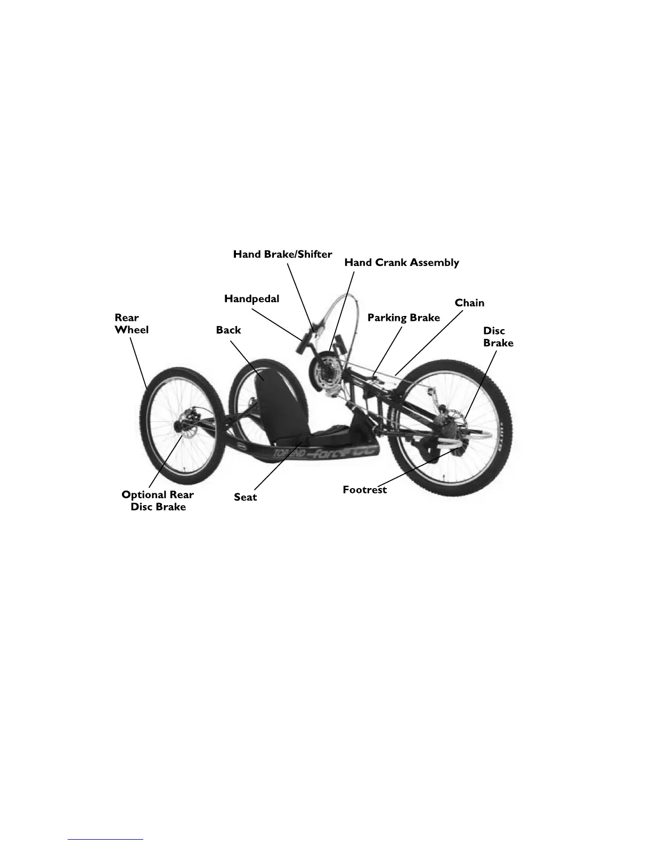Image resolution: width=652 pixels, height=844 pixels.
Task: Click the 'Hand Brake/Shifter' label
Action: pyautogui.click(x=282, y=254)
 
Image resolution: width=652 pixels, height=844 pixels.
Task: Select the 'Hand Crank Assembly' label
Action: pyautogui.click(x=401, y=262)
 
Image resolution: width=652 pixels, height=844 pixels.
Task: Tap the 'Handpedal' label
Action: pyautogui.click(x=251, y=298)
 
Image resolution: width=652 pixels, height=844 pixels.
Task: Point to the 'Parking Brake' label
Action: pyautogui.click(x=404, y=318)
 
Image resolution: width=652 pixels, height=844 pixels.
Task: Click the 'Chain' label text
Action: pyautogui.click(x=469, y=303)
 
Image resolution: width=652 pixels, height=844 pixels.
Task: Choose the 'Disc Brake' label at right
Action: pyautogui.click(x=498, y=337)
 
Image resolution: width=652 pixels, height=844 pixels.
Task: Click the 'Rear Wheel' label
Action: pyautogui.click(x=131, y=323)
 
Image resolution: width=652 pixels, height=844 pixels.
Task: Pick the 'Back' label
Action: pyautogui.click(x=228, y=330)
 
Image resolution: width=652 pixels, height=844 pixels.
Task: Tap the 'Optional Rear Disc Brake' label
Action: pyautogui.click(x=158, y=500)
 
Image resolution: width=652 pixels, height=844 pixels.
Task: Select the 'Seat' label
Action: pyautogui.click(x=245, y=497)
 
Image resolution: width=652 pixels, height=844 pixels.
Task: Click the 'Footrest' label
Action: pyautogui.click(x=364, y=489)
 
